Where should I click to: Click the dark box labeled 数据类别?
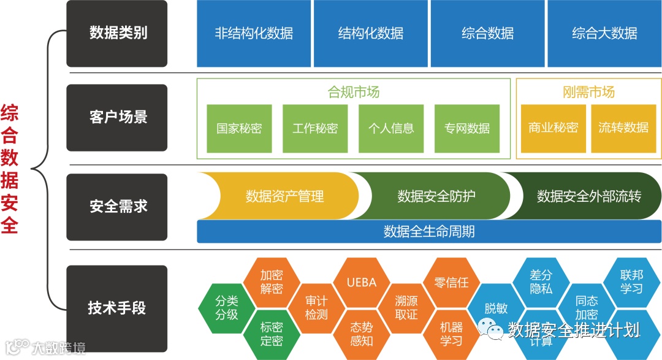point(117,33)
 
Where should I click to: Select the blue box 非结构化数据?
point(254,33)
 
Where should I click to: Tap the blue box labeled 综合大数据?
point(604,33)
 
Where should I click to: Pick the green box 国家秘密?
point(239,128)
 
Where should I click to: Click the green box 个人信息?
point(391,128)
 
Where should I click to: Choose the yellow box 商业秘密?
point(553,128)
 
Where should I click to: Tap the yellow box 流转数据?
point(623,128)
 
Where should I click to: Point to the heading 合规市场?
point(354,92)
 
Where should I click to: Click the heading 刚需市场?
point(588,92)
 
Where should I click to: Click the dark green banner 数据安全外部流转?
point(588,196)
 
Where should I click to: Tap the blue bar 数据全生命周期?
point(429,232)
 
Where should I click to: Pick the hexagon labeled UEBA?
point(361,283)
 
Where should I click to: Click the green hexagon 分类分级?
point(226,307)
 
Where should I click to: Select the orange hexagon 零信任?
point(451,283)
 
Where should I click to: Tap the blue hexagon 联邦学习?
point(631,281)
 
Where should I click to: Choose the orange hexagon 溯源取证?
point(406,307)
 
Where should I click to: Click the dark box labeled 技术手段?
point(117,307)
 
